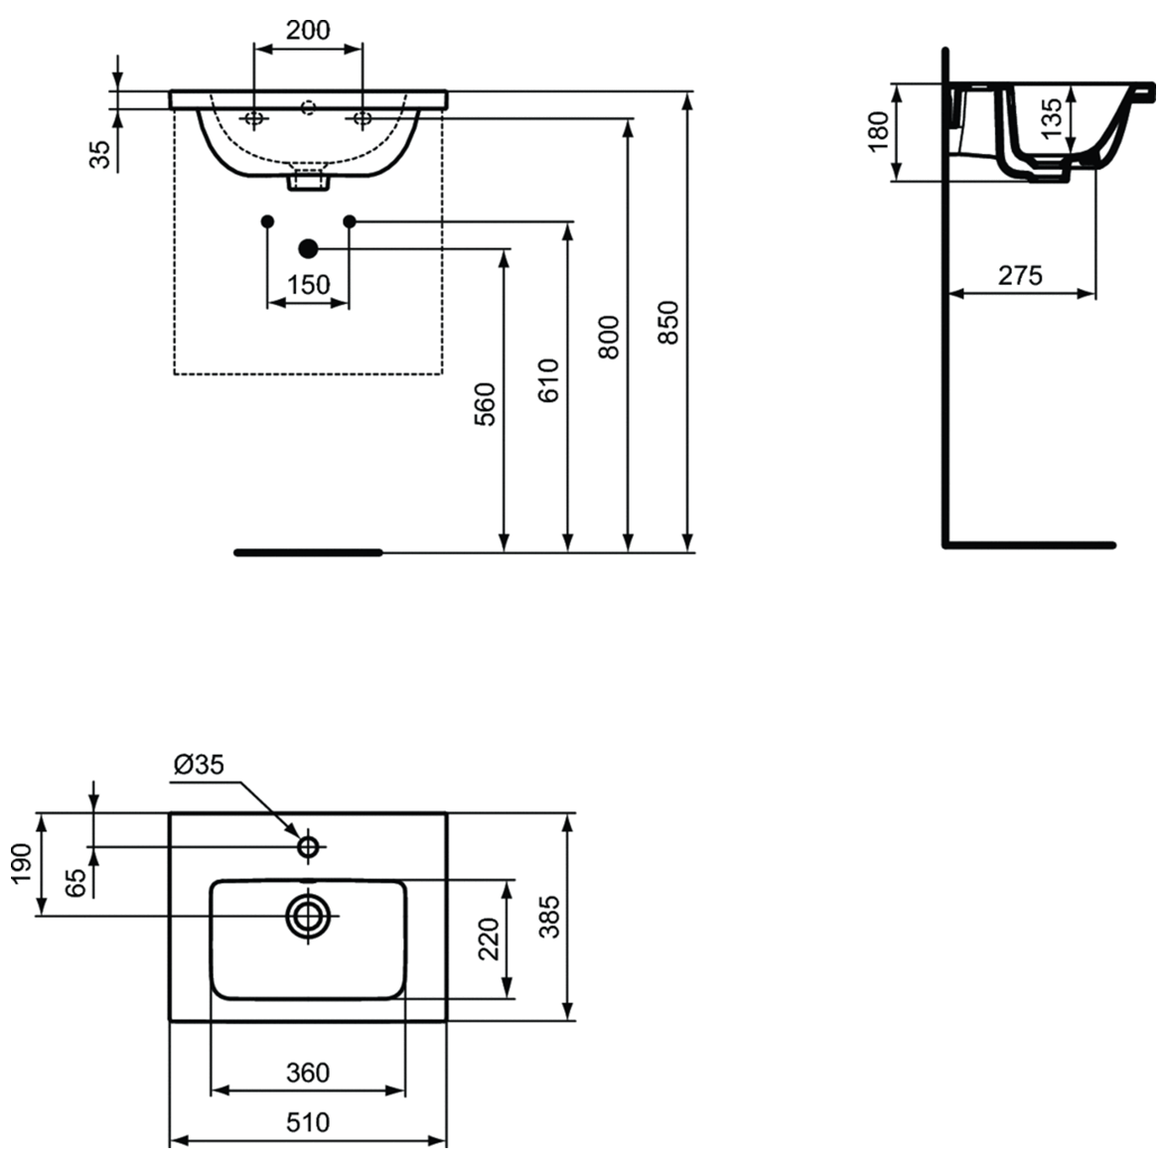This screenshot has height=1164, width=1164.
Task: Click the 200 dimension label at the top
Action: click(x=308, y=30)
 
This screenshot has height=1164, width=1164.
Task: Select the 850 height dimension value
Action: click(x=668, y=322)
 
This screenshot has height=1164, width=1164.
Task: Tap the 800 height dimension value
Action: click(x=608, y=338)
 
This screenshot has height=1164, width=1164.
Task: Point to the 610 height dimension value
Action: click(x=547, y=380)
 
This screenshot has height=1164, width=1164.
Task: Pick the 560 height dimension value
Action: click(x=484, y=404)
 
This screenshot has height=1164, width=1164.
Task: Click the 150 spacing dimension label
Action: click(x=308, y=284)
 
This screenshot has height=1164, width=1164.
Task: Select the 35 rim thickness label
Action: click(x=99, y=154)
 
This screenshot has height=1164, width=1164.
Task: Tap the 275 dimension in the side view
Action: click(x=1020, y=275)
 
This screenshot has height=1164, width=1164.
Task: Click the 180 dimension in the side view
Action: click(x=878, y=131)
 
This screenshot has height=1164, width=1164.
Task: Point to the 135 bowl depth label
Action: click(x=1051, y=119)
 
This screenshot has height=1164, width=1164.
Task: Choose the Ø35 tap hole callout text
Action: click(x=199, y=765)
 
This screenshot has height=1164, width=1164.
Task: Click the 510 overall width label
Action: click(x=308, y=1122)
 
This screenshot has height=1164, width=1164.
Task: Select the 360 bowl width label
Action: click(x=308, y=1073)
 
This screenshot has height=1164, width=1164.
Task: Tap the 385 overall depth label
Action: click(x=549, y=917)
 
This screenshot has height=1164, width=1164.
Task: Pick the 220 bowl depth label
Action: click(x=489, y=940)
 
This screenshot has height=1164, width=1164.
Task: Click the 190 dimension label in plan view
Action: click(x=22, y=865)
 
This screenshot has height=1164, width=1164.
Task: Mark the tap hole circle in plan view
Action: click(x=308, y=846)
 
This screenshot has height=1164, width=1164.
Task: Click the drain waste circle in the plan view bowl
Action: click(x=308, y=916)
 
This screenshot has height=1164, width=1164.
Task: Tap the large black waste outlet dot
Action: click(x=308, y=248)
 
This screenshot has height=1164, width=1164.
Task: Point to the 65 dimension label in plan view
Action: click(x=77, y=882)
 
